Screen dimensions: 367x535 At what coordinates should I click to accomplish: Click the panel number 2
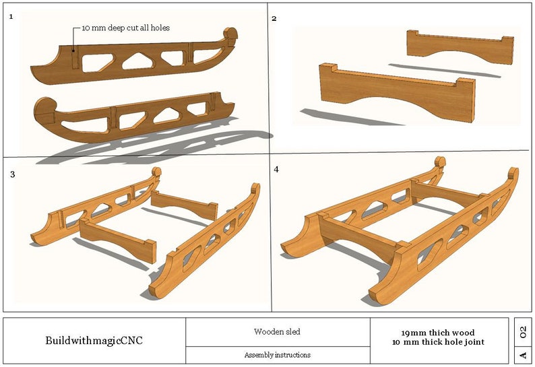pyautogui.click(x=274, y=18)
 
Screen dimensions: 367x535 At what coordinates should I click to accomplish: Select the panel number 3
pyautogui.click(x=12, y=174)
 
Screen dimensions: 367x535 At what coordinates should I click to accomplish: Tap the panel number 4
pyautogui.click(x=276, y=169)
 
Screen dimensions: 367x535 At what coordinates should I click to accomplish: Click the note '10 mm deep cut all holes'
pyautogui.click(x=125, y=28)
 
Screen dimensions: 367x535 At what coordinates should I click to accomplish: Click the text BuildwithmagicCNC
pyautogui.click(x=94, y=340)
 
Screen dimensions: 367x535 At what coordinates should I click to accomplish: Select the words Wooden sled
pyautogui.click(x=278, y=331)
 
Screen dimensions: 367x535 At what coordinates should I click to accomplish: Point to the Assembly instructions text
pyautogui.click(x=278, y=355)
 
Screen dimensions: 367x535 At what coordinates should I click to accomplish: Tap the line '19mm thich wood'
pyautogui.click(x=438, y=333)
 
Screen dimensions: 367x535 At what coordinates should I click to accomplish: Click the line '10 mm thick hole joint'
pyautogui.click(x=438, y=342)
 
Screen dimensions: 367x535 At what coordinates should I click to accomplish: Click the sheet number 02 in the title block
pyautogui.click(x=523, y=331)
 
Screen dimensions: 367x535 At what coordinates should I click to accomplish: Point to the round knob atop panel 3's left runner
pyautogui.click(x=156, y=172)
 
